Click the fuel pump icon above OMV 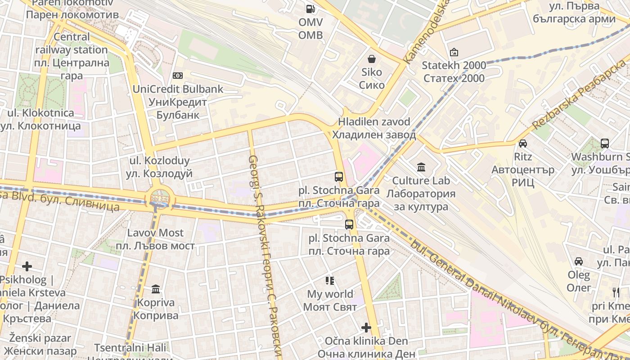[x=310, y=9]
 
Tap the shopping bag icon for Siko [x=372, y=59]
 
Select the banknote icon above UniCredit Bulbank [x=178, y=76]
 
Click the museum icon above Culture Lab [x=421, y=167]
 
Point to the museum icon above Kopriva [x=156, y=289]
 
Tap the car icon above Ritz [x=523, y=144]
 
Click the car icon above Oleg [x=579, y=261]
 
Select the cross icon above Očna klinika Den [x=366, y=327]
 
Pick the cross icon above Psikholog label [x=27, y=266]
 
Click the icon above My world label [x=330, y=281]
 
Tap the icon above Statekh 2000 [x=454, y=52]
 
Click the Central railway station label [x=72, y=56]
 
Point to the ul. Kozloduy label [x=159, y=167]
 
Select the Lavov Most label [x=155, y=239]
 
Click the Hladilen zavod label [x=374, y=128]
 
